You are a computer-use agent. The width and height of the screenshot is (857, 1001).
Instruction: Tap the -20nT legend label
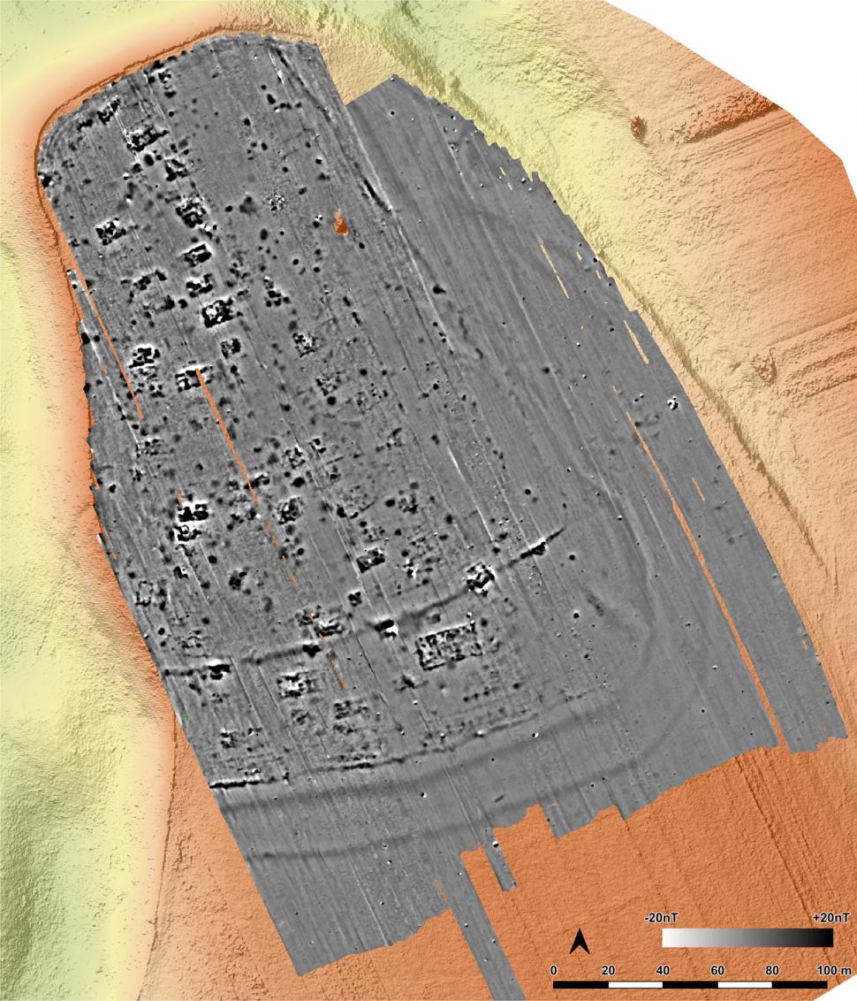(664, 918)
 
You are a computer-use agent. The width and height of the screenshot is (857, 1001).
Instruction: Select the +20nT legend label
(830, 918)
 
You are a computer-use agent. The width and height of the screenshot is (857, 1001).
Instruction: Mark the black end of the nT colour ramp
(826, 936)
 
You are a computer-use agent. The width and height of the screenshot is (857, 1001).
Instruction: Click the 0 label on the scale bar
(554, 971)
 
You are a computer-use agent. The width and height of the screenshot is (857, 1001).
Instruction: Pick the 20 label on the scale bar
(608, 971)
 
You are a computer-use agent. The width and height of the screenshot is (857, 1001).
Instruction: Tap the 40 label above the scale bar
(663, 971)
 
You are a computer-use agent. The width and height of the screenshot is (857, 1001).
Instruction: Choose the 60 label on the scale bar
(717, 971)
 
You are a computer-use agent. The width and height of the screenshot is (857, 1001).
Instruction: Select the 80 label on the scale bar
(772, 971)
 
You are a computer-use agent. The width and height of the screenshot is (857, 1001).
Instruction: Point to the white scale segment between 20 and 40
(635, 983)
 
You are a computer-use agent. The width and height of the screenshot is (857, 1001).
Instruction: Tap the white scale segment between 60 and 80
(745, 983)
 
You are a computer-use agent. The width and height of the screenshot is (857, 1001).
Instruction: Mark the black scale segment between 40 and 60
(690, 983)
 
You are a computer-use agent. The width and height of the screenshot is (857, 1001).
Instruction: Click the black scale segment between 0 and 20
(580, 983)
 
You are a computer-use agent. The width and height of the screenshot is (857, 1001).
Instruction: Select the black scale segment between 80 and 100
(800, 983)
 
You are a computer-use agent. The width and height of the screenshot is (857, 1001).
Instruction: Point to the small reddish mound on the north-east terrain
(637, 126)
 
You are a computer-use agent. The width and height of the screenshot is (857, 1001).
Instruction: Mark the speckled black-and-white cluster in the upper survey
(277, 202)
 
